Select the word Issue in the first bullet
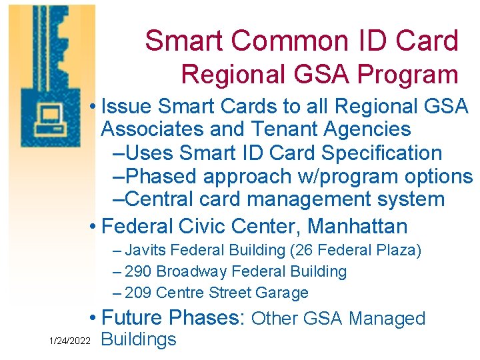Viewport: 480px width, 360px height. pyautogui.click(x=126, y=107)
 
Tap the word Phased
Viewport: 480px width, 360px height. pyautogui.click(x=161, y=177)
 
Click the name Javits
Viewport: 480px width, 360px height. pyautogui.click(x=147, y=251)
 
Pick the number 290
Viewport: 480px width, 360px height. pyautogui.click(x=139, y=272)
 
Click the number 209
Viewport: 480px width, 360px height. pyautogui.click(x=139, y=293)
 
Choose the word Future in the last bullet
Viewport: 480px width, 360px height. pyautogui.click(x=133, y=318)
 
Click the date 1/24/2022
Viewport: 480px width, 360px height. pyautogui.click(x=70, y=341)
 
